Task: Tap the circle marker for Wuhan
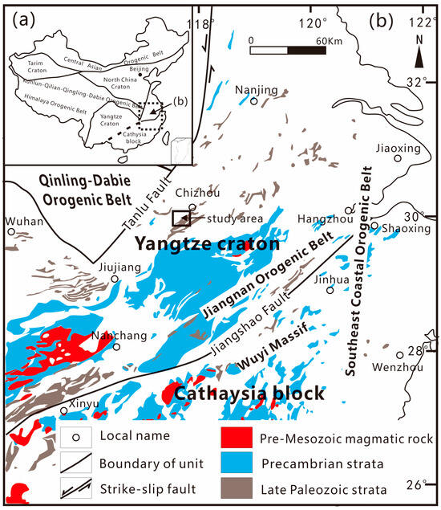click(11, 231)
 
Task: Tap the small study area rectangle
click(182, 218)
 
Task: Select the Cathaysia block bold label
click(249, 394)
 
